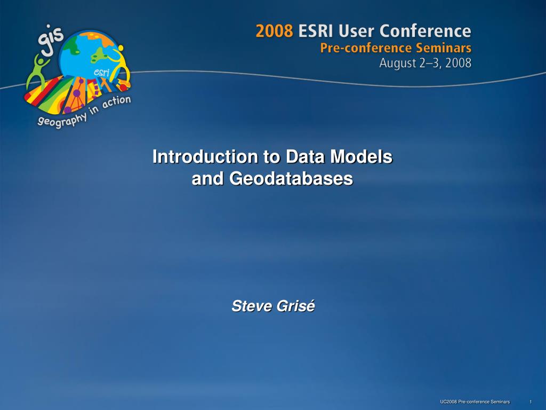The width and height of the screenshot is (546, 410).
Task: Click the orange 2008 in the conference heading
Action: [275, 31]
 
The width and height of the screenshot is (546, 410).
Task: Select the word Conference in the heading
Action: [425, 31]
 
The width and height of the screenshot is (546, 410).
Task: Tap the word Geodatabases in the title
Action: [291, 178]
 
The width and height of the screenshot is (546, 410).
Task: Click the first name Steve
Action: [252, 306]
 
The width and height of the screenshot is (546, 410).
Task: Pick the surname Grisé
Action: [295, 306]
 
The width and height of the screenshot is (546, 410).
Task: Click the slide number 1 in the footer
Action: [531, 402]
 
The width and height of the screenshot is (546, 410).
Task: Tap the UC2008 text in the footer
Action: [448, 402]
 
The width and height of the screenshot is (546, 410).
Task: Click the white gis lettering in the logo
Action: [50, 40]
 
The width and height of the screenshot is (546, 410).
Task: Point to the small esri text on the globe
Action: [102, 73]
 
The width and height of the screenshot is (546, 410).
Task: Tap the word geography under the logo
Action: [62, 120]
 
